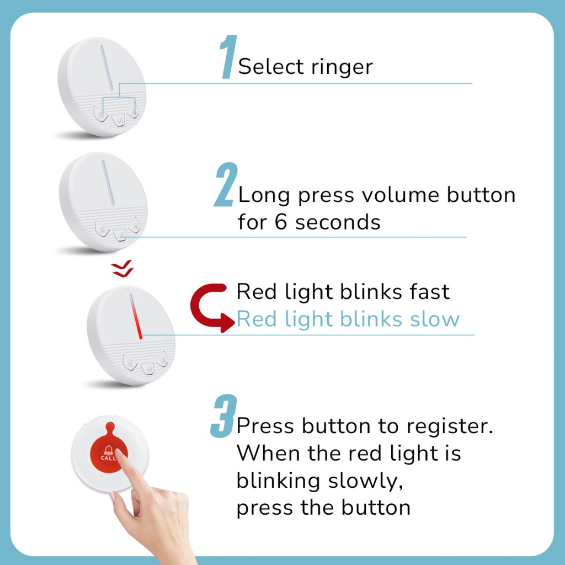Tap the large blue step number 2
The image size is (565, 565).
226,184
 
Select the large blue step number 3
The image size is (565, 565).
224,416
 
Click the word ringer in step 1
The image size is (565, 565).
342,67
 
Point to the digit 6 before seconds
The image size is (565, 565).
281,221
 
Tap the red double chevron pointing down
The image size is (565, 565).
122,269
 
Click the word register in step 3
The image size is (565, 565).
450,427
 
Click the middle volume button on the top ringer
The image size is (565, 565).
118,120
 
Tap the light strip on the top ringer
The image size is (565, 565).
106,67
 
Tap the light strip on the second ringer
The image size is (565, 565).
108,182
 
